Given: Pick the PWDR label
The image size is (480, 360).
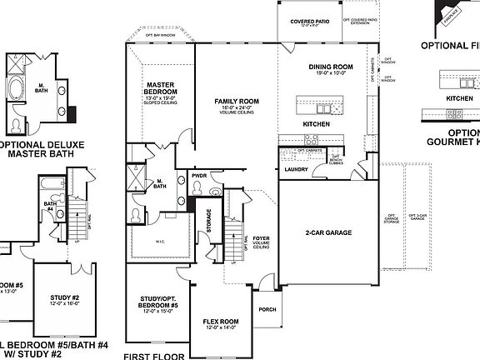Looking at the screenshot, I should pos(199,177).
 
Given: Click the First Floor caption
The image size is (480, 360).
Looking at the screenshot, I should pos(154,354).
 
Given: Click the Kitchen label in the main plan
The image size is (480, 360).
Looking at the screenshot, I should pos(316,124).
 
